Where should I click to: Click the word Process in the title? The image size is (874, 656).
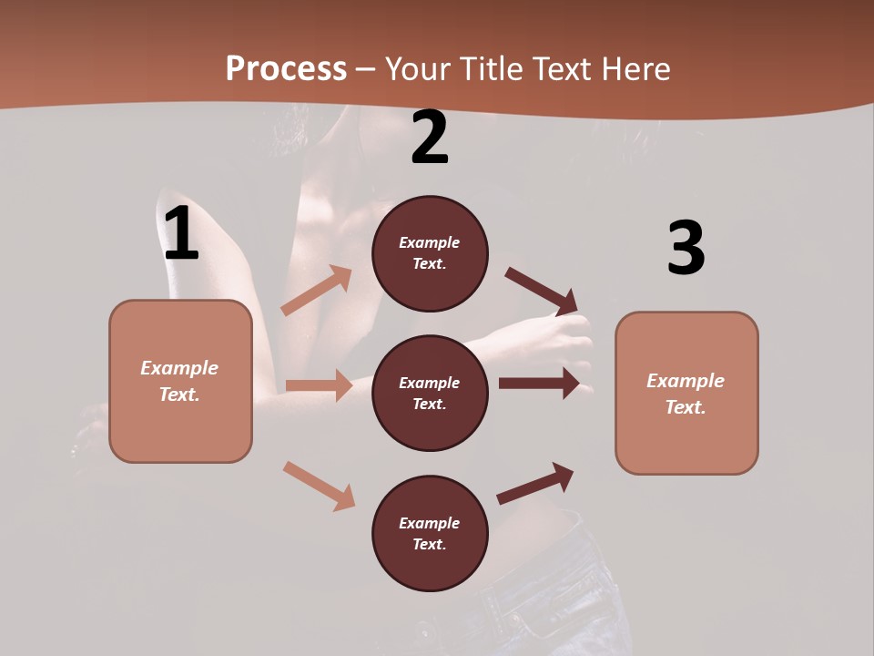click(x=286, y=68)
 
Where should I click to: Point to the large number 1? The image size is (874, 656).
click(x=181, y=234)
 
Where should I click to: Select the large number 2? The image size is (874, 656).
click(x=430, y=138)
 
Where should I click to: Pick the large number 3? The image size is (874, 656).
click(x=686, y=248)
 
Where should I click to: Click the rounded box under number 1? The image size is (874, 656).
click(x=180, y=381)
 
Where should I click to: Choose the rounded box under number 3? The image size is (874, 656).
click(x=686, y=393)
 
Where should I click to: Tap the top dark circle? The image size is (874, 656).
click(x=430, y=253)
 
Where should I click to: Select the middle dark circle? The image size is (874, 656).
click(x=430, y=393)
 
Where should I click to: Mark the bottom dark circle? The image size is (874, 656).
click(x=430, y=533)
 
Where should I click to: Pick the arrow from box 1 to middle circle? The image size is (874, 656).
click(x=319, y=385)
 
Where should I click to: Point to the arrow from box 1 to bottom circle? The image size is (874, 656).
click(x=319, y=486)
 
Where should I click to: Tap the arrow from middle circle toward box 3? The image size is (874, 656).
click(x=539, y=384)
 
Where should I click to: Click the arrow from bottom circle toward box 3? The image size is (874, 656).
click(x=535, y=484)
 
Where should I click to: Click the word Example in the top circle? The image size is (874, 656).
click(x=430, y=242)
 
